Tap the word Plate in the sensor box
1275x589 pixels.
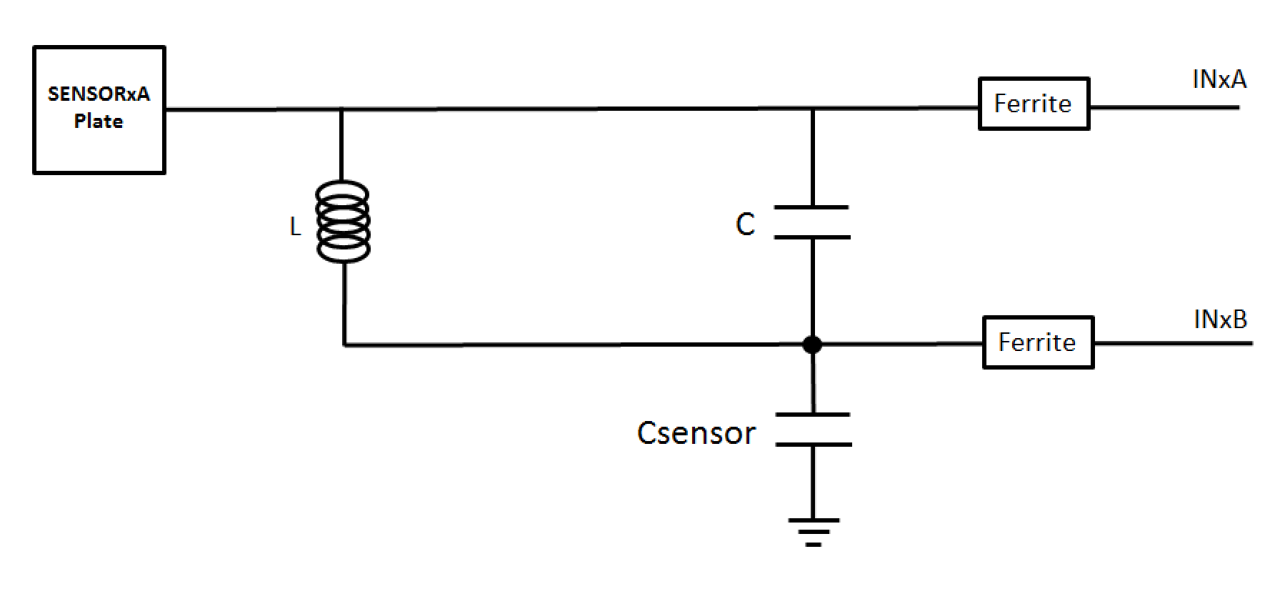pos(99,121)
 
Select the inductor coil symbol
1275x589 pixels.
pos(343,222)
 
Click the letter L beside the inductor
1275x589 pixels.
pos(295,227)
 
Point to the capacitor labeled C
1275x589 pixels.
pos(812,222)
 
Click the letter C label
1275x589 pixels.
pos(745,224)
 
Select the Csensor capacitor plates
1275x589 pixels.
pos(814,430)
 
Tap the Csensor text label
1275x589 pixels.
pos(696,433)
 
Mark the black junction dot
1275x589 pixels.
pos(812,345)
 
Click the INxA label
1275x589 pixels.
pos(1219,79)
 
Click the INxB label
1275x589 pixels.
pos(1220,320)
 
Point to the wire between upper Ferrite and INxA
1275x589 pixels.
pos(1164,108)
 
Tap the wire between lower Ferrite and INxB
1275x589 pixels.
pos(1173,344)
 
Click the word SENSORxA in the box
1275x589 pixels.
pos(99,94)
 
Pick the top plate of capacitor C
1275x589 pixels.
pos(811,207)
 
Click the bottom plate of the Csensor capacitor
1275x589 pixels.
pos(814,445)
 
